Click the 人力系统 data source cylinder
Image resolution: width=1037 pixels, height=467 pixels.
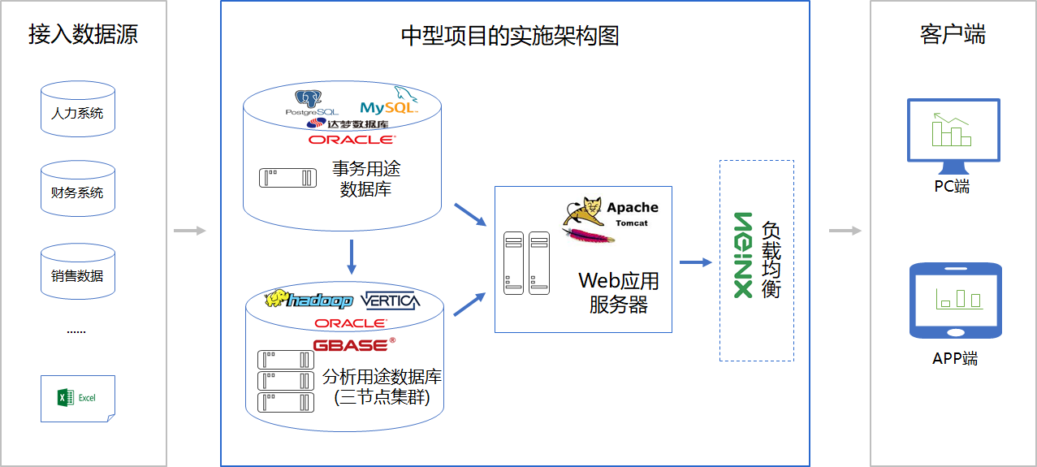[x=78, y=110]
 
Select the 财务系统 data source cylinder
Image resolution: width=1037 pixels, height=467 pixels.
[x=78, y=189]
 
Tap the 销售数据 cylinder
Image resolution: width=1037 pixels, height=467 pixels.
[x=78, y=272]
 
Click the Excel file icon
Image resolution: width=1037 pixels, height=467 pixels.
[x=78, y=398]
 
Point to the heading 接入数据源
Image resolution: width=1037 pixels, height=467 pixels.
[x=83, y=34]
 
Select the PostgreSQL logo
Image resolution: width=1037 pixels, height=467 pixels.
[x=312, y=104]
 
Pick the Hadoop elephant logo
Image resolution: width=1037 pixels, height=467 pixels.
[x=309, y=300]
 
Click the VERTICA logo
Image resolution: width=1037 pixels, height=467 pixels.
[x=391, y=301]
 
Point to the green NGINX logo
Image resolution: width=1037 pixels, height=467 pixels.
[x=743, y=256]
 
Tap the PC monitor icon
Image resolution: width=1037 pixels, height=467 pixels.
[x=953, y=133]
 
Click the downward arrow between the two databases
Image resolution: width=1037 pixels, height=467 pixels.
[x=352, y=256]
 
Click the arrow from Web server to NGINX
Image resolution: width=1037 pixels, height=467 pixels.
[x=695, y=262]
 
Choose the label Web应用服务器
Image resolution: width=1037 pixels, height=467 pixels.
[x=618, y=292]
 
